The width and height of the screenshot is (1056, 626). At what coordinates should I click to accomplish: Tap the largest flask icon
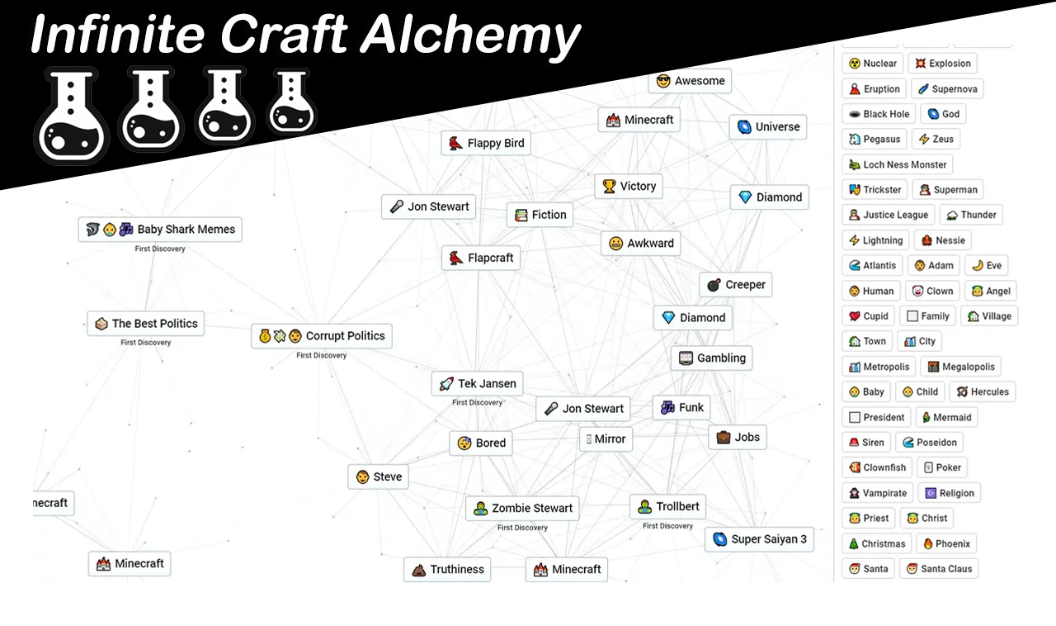pos(72,115)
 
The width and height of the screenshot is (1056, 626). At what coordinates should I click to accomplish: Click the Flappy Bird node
pos(486,143)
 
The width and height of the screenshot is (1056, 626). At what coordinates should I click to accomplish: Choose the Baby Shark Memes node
pos(160,230)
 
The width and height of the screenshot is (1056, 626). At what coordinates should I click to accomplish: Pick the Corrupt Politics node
pos(322,336)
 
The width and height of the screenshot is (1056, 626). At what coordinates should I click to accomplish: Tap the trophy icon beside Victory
pos(609,186)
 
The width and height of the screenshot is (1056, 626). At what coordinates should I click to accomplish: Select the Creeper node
pos(735,285)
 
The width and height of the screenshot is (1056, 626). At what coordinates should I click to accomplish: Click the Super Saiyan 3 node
pos(760,539)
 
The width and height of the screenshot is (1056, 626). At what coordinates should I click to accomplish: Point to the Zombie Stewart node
pos(522,509)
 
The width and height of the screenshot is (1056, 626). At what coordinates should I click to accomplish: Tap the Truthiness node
pos(447,569)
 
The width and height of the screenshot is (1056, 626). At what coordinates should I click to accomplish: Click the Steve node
pos(379,477)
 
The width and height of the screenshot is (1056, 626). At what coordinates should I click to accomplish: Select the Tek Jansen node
pos(477,384)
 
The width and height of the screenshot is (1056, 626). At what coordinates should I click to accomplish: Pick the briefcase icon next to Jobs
pos(724,437)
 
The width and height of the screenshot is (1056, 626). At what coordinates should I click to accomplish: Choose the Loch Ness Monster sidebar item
pos(898,164)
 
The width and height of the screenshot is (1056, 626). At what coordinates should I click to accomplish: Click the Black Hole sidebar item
pos(879,114)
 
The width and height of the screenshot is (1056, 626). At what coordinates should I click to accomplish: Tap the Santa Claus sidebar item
pos(939,569)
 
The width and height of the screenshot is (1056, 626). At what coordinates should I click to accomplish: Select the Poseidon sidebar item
pos(929,443)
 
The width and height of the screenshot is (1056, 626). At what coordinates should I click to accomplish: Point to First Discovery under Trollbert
pos(667,526)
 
